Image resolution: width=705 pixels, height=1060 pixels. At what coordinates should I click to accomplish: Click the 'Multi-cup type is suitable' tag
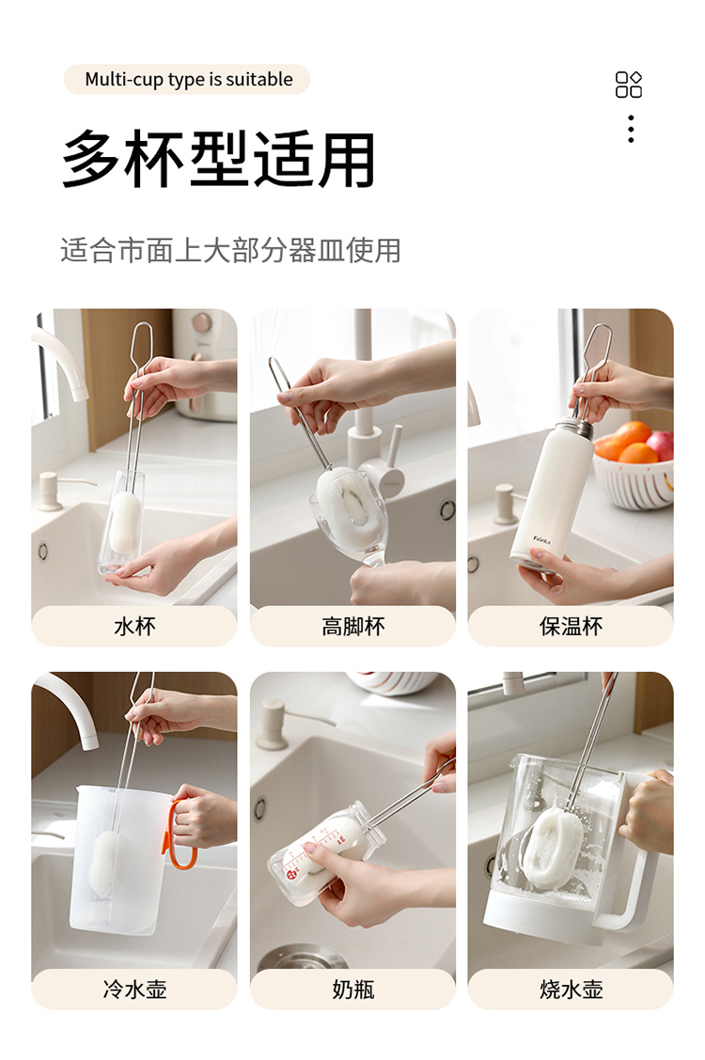coord(186,79)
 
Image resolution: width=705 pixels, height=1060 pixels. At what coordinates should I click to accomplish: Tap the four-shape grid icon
coord(629,85)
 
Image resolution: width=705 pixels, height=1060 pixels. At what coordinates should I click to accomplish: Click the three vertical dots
coord(631,129)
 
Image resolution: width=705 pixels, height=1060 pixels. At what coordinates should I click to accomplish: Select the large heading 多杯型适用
coord(218,159)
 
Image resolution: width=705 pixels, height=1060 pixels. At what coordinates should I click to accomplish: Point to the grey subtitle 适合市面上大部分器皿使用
coord(230,250)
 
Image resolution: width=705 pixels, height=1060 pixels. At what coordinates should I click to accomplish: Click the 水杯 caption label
coord(134,626)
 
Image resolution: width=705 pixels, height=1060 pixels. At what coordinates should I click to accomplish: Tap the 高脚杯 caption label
coord(352,626)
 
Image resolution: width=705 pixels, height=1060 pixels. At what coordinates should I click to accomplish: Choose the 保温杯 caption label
coord(571,626)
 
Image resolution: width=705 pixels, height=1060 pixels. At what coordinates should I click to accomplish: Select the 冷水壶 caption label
coord(134,989)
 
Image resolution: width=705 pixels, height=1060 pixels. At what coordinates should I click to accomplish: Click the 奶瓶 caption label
coord(352,989)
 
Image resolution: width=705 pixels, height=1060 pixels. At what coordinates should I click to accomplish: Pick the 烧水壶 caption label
coord(571,989)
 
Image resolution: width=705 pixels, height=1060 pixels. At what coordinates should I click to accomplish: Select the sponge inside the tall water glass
coord(123,522)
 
